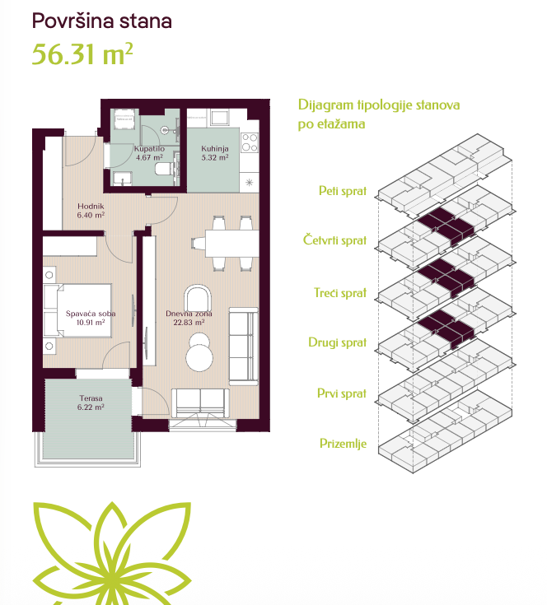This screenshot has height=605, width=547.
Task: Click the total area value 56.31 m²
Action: coord(82,54)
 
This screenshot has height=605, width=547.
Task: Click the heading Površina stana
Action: coord(102,21)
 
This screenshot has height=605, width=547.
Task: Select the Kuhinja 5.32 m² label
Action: coord(215,153)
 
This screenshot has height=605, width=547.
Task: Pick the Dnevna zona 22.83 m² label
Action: coord(189,318)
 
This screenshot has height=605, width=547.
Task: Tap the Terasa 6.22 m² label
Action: coord(91,403)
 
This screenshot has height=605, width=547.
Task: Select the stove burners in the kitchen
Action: coord(250,142)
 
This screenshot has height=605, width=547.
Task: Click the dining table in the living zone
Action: coord(231,244)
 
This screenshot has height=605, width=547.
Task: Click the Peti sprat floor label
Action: coord(343,191)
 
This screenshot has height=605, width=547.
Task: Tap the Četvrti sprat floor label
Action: coord(334,240)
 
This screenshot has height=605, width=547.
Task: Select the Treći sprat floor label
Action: coord(340,292)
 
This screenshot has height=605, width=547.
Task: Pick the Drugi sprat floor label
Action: coord(338,342)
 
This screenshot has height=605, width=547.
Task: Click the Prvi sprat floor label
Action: coord(342,393)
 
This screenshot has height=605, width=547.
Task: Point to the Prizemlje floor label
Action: coord(344,444)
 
